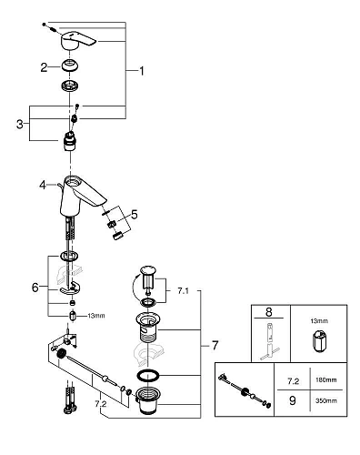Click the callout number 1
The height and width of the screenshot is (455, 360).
(139, 70)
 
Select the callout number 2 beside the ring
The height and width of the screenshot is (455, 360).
(43, 66)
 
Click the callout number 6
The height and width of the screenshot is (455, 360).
(35, 287)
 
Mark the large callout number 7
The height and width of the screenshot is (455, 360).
(215, 347)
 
